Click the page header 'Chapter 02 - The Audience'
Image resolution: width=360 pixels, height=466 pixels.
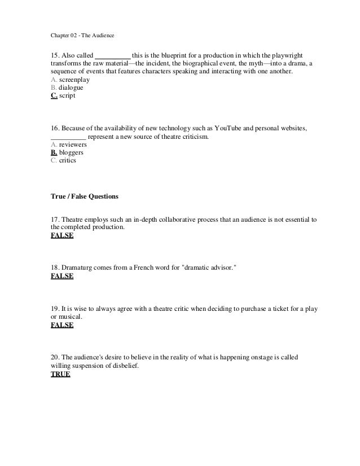click(82, 37)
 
